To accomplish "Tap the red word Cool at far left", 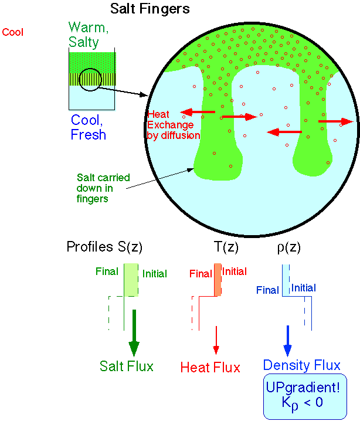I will pos(13,32).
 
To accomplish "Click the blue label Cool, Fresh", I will pos(89,127).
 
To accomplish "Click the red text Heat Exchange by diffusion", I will pos(173,125).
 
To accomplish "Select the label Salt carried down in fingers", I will pos(103,188).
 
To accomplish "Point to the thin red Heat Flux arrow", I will pos(216,340).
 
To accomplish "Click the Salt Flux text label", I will pos(126,366).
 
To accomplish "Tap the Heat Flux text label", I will pos(210,368).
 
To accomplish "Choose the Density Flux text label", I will pos(301,365).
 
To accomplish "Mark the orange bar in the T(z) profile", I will pos(217,279).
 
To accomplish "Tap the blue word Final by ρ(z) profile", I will pos(267,290).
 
